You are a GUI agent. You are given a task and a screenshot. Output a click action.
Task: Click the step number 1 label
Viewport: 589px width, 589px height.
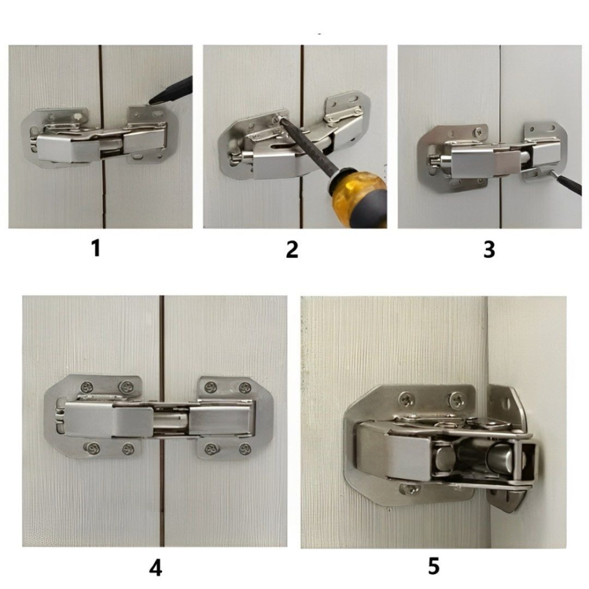[x=96, y=249]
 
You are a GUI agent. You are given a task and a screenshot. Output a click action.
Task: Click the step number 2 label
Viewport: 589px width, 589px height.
[x=292, y=249]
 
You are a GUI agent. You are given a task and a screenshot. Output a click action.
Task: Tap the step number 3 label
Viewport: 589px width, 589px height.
[x=489, y=249]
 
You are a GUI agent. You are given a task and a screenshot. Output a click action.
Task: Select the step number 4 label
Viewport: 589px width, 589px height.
[x=155, y=568]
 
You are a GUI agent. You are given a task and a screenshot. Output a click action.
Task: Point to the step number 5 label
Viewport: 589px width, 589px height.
[x=434, y=565]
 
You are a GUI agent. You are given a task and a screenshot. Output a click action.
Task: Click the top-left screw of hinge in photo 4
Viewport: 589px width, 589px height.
[x=88, y=386]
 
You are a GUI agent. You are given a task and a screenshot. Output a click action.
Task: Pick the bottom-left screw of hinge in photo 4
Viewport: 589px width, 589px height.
[x=91, y=448]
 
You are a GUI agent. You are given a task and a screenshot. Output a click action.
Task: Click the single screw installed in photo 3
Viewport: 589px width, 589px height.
[x=479, y=132]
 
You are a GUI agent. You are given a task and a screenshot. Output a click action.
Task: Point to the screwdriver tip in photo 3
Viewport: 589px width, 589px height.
[x=551, y=173]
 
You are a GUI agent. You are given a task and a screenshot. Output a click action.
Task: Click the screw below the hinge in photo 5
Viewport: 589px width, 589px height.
[x=409, y=489]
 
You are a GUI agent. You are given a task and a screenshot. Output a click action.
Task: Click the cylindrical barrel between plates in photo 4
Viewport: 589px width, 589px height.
[x=171, y=421]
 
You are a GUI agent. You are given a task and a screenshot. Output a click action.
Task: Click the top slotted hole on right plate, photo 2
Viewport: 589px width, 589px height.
[x=350, y=100]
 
